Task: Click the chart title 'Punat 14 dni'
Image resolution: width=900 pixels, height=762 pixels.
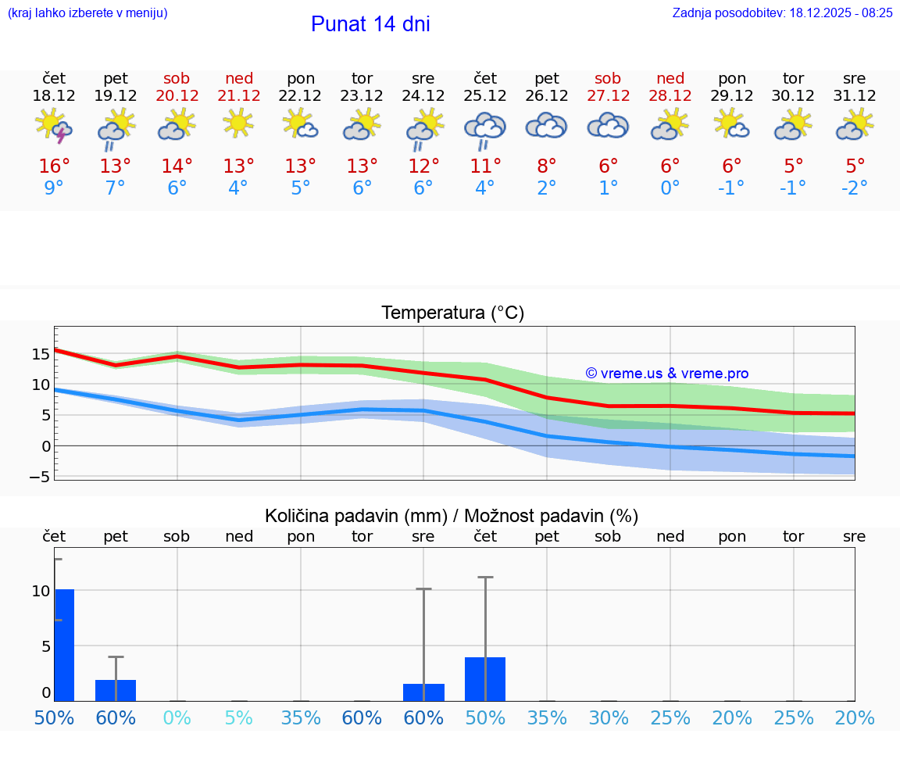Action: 370,24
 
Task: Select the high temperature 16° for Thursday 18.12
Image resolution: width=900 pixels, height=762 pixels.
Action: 54,166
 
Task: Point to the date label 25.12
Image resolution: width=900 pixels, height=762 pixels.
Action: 485,96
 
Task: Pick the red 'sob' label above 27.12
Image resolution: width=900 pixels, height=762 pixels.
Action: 608,78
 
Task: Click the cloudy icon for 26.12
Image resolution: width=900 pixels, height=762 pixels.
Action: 547,126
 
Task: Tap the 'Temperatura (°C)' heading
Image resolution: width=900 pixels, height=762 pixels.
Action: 452,313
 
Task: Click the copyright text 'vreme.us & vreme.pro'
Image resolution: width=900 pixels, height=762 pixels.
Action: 667,374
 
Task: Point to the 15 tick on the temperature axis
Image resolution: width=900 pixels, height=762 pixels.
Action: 41,353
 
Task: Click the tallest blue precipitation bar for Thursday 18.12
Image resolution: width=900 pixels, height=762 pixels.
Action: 64,645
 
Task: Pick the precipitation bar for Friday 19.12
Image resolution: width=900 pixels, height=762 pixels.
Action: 116,691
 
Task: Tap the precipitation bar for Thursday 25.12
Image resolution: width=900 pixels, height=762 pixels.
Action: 485,679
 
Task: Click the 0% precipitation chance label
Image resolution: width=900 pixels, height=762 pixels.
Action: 177,718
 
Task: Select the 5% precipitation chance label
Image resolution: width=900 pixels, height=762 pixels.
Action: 239,718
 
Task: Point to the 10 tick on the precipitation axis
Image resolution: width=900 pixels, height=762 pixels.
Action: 41,591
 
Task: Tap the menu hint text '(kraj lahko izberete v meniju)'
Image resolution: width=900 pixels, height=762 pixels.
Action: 87,13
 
